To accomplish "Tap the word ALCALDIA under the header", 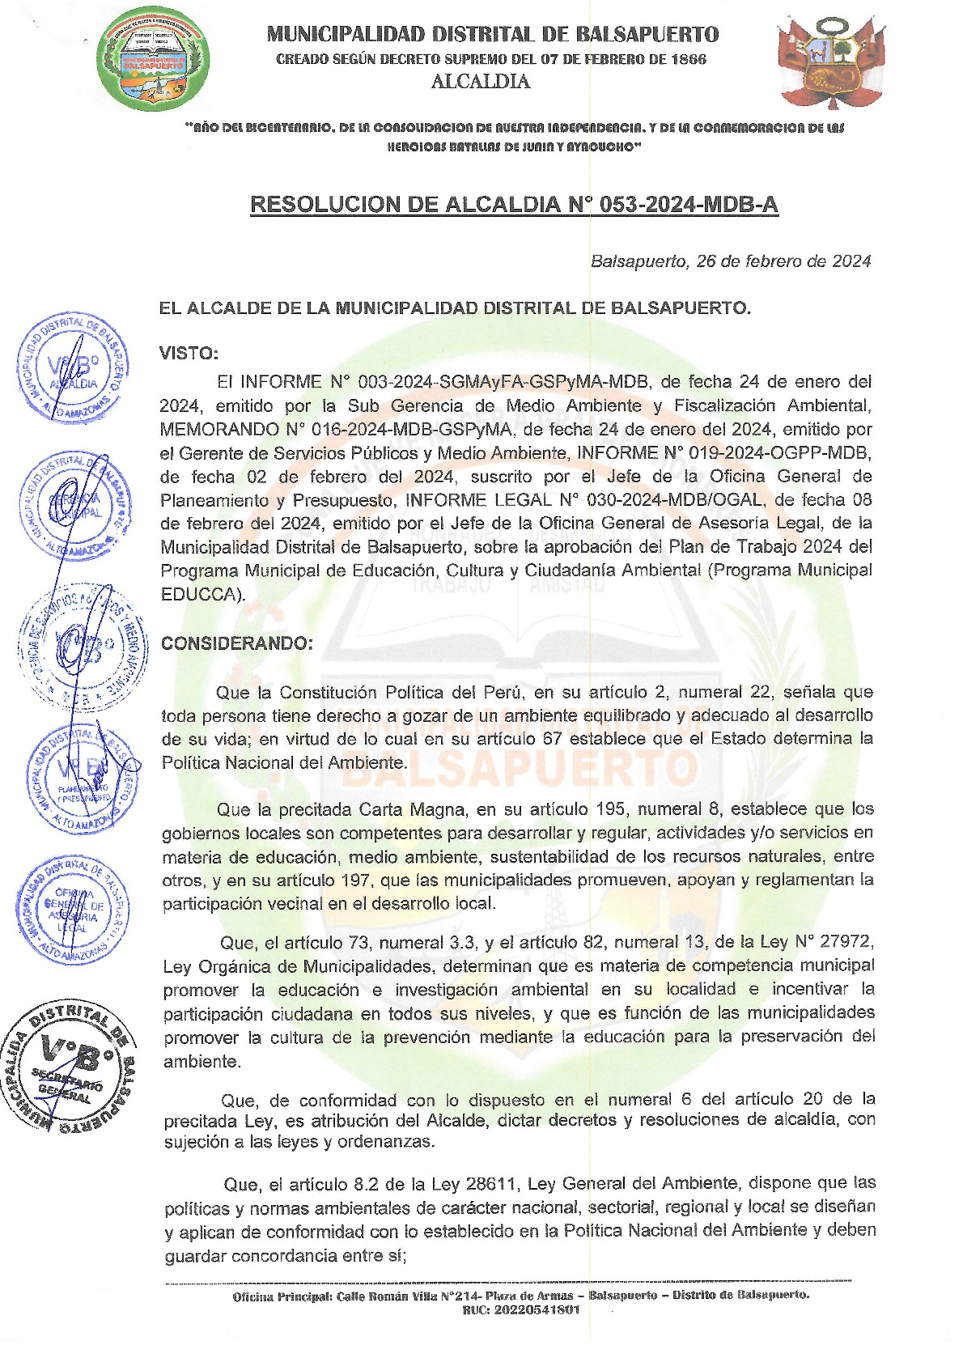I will tap(481, 82).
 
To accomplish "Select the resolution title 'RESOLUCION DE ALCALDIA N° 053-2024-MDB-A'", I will tap(514, 204).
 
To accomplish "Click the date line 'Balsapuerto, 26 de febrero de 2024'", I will tap(730, 261).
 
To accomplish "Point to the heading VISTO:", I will tap(189, 354).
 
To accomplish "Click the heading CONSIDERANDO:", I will tap(236, 643).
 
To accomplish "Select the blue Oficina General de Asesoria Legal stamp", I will tap(73, 910).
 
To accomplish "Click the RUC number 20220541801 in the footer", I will tap(521, 1309).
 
